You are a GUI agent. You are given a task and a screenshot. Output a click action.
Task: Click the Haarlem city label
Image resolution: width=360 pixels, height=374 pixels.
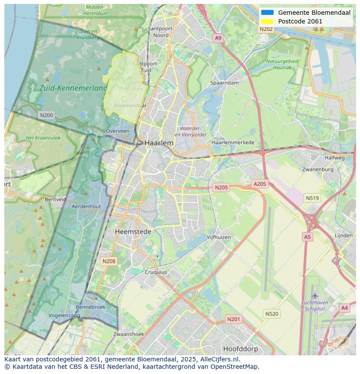coord(159,143)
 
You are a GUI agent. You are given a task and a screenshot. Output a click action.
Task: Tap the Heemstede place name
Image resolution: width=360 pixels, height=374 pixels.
coord(133,232)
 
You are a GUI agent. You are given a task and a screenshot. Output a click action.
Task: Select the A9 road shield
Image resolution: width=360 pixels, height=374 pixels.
coord(218,38)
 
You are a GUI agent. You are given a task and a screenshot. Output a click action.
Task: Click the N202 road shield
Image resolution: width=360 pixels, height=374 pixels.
coord(266,29)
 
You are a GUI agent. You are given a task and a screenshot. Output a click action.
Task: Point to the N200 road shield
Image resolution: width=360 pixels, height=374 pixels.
coord(46,115)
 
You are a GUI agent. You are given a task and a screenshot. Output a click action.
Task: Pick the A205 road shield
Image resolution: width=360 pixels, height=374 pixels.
coord(260,184)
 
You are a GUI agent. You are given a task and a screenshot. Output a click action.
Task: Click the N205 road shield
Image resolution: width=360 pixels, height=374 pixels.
coord(221,188)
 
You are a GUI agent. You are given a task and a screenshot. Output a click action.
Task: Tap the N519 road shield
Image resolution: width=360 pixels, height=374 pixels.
coord(312,198)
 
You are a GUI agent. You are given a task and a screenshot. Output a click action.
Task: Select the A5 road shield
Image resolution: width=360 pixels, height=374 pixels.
coord(307,237)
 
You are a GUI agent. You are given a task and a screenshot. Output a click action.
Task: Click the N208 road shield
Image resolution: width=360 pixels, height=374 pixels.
coord(108,261)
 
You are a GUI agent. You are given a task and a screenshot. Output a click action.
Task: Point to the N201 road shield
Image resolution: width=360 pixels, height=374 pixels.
coord(233,319)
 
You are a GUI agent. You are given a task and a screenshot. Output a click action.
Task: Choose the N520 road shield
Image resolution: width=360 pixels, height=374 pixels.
coord(272,314)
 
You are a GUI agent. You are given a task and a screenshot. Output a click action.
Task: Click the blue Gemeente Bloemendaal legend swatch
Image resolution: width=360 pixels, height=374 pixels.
coord(267,13)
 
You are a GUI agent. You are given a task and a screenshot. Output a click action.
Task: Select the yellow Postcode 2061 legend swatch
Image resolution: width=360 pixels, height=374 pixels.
coord(267,21)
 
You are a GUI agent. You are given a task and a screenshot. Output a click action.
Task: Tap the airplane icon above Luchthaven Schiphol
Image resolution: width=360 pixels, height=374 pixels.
coord(315,296)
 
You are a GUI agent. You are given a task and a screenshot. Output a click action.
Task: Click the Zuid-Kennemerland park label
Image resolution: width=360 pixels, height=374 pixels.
coord(73,88)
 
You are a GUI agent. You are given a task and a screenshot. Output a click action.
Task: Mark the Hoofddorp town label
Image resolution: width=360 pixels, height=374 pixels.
coord(240,349)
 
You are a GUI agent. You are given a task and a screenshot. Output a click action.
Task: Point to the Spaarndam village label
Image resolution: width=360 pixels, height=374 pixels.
coord(224,83)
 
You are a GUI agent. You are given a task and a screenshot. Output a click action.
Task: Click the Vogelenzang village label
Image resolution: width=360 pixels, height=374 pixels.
coord(64,315)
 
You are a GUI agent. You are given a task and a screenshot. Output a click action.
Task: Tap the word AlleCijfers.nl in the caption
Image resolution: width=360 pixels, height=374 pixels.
coord(220,359)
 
